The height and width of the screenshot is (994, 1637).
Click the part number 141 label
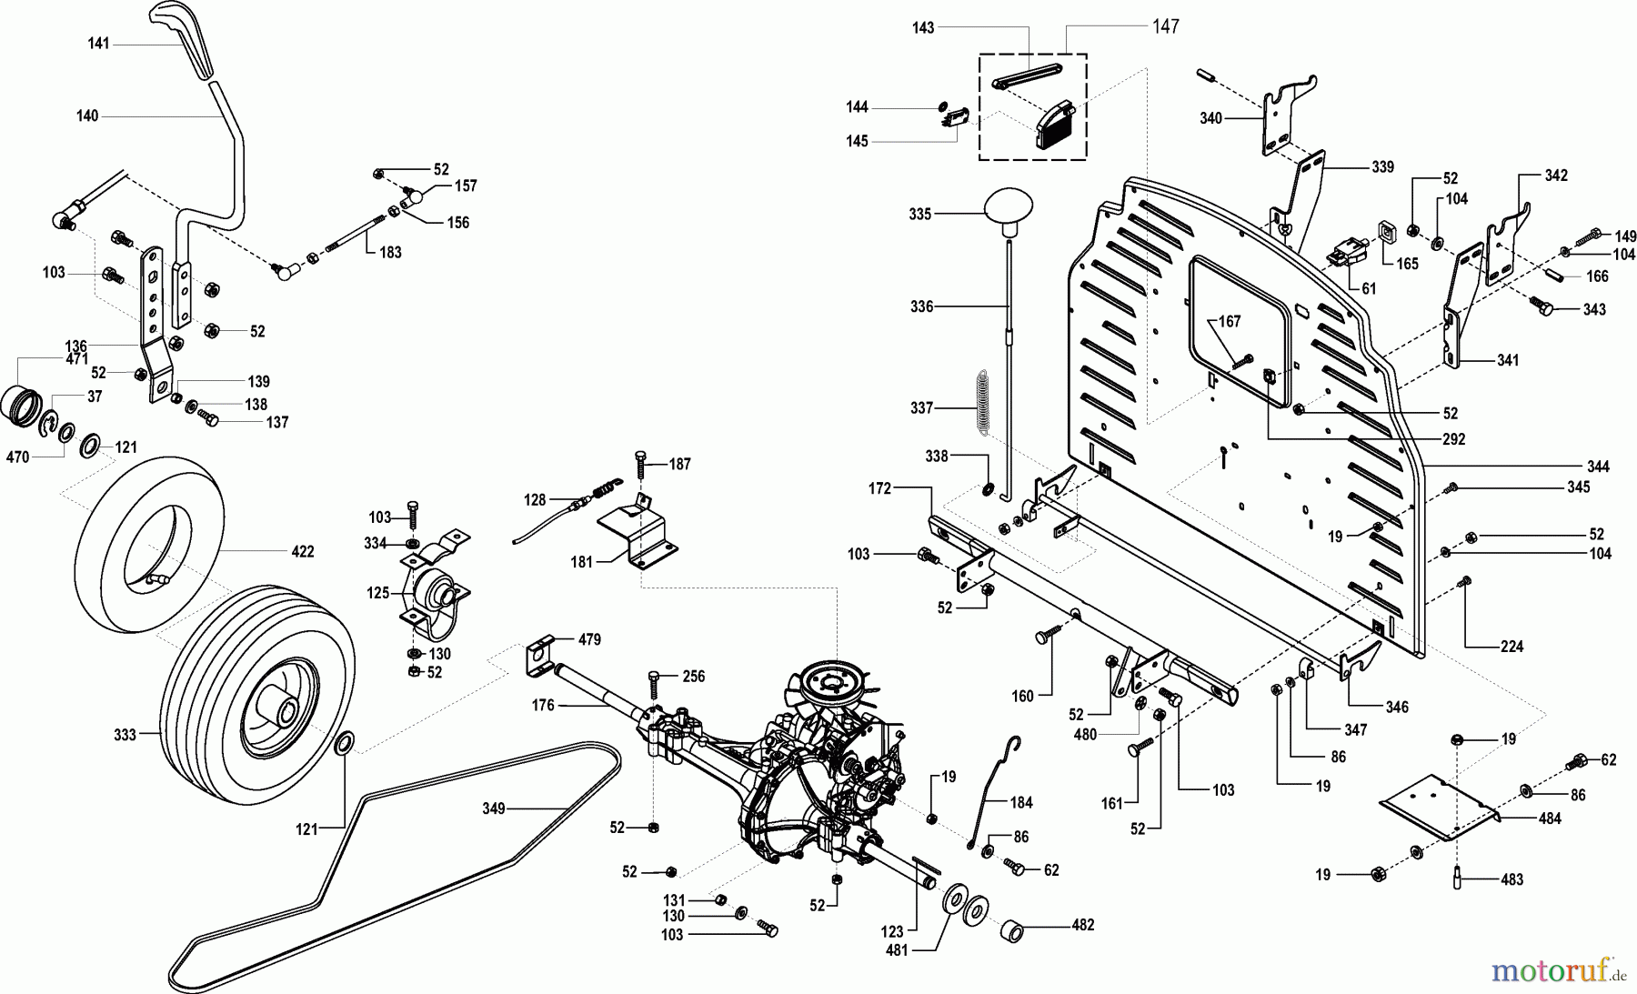98,44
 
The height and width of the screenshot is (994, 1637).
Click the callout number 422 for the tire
302,551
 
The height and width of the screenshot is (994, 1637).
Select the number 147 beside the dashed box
1165,26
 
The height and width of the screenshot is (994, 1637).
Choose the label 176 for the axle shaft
543,705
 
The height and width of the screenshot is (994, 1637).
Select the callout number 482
1082,925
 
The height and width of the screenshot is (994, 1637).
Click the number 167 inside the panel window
1230,322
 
